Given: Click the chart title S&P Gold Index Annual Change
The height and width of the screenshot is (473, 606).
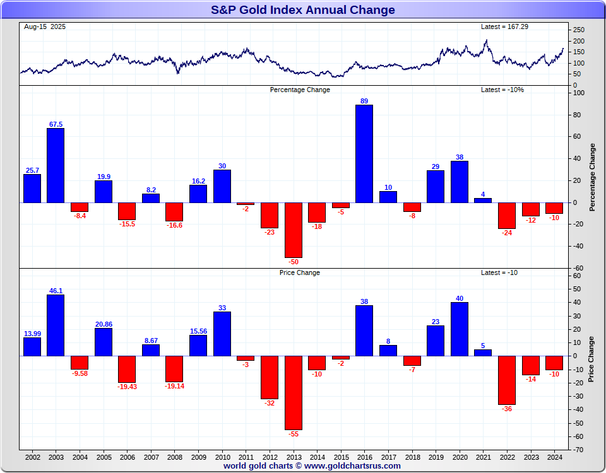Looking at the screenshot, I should pyautogui.click(x=302, y=10).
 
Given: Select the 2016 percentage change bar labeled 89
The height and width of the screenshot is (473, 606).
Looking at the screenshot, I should pyautogui.click(x=364, y=153).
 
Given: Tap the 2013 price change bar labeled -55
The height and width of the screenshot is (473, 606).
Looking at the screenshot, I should pyautogui.click(x=293, y=392).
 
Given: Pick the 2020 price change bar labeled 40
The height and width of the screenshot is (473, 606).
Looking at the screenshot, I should pyautogui.click(x=460, y=329).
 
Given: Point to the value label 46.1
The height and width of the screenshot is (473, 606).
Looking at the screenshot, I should pyautogui.click(x=56, y=291).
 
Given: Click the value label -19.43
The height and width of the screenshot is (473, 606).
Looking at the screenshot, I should pyautogui.click(x=127, y=387).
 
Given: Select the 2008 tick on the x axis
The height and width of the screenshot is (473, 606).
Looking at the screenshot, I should pyautogui.click(x=174, y=457).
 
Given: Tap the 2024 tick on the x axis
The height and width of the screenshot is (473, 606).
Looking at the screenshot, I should pyautogui.click(x=554, y=457).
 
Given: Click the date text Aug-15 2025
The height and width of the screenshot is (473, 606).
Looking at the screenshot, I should pyautogui.click(x=45, y=27).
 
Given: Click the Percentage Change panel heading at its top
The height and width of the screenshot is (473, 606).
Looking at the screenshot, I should pyautogui.click(x=300, y=90).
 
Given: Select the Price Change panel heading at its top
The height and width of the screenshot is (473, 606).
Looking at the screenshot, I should pyautogui.click(x=300, y=272).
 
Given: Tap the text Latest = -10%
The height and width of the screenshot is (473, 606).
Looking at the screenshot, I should pyautogui.click(x=502, y=90).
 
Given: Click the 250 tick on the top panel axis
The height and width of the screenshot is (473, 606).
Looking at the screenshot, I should pyautogui.click(x=579, y=30).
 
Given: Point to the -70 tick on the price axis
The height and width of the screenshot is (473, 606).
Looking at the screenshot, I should pyautogui.click(x=578, y=450).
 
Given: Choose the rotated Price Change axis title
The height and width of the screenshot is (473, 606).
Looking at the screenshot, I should pyautogui.click(x=591, y=359).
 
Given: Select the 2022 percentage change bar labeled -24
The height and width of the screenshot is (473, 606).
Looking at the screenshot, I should pyautogui.click(x=507, y=216).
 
